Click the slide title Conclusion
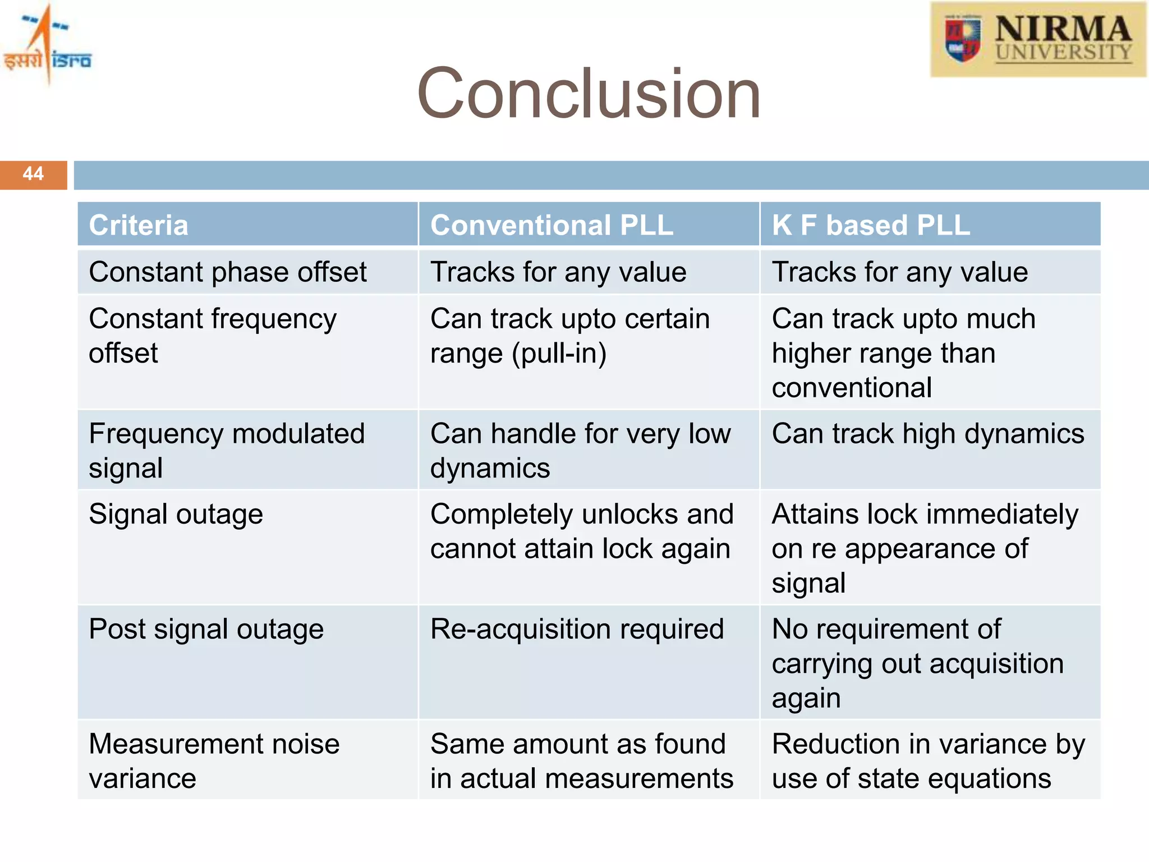pyautogui.click(x=589, y=94)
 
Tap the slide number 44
pyautogui.click(x=33, y=174)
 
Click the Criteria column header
pyautogui.click(x=139, y=226)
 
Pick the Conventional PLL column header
pyautogui.click(x=551, y=226)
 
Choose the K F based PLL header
pyautogui.click(x=871, y=226)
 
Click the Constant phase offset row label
pyautogui.click(x=227, y=272)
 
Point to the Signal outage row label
pyautogui.click(x=176, y=515)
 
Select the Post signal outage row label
pyautogui.click(x=206, y=629)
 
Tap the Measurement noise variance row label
pyautogui.click(x=214, y=761)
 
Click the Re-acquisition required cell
pyautogui.click(x=577, y=629)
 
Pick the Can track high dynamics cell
pyautogui.click(x=928, y=434)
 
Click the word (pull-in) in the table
pyautogui.click(x=559, y=354)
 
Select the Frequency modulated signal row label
pyautogui.click(x=227, y=451)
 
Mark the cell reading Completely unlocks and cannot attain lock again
pyautogui.click(x=581, y=531)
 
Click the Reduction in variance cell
pyautogui.click(x=928, y=761)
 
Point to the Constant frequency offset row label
pyautogui.click(x=213, y=336)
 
